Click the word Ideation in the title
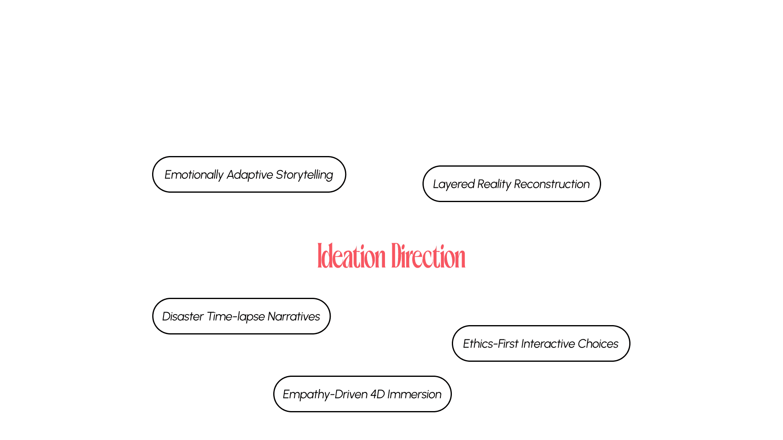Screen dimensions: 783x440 pyautogui.click(x=352, y=256)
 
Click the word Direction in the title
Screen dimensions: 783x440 pyautogui.click(x=428, y=256)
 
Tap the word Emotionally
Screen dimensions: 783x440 pyautogui.click(x=194, y=175)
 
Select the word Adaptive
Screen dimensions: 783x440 pyautogui.click(x=250, y=175)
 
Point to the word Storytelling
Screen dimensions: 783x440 pyautogui.click(x=304, y=175)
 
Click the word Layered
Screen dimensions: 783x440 pyautogui.click(x=453, y=184)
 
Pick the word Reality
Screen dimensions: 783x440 pyautogui.click(x=494, y=184)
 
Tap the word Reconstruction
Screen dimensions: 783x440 pyautogui.click(x=551, y=184)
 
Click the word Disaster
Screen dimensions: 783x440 pyautogui.click(x=183, y=317)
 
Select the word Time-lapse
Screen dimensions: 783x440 pyautogui.click(x=236, y=317)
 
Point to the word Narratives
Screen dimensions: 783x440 pyautogui.click(x=294, y=317)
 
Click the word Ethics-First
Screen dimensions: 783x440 pyautogui.click(x=491, y=344)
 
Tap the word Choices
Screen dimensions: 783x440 pyautogui.click(x=598, y=344)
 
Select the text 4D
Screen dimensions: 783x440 pyautogui.click(x=378, y=394)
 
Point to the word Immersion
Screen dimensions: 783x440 pyautogui.click(x=414, y=394)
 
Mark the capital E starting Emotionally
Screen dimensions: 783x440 pyautogui.click(x=168, y=175)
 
